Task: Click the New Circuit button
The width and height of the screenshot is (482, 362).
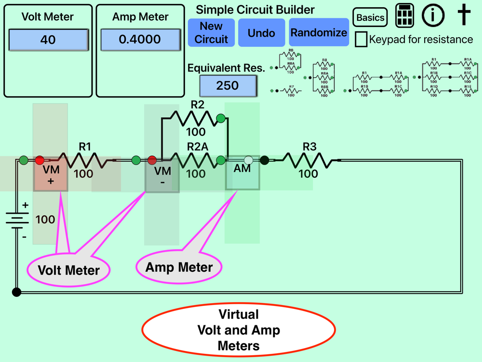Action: [x=211, y=33]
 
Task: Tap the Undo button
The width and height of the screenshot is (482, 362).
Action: [x=261, y=33]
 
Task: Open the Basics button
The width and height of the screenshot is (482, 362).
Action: [x=370, y=18]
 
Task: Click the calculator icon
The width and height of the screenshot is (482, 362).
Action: [x=405, y=16]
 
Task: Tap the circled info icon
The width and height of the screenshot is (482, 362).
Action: [x=433, y=15]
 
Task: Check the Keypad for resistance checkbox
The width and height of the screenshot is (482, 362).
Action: [x=361, y=39]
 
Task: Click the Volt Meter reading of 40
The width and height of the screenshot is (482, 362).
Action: [x=48, y=40]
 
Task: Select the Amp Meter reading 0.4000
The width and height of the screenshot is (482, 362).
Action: [x=140, y=40]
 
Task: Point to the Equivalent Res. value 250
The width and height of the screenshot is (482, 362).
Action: [x=228, y=86]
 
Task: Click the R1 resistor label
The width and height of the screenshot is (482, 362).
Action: [x=85, y=146]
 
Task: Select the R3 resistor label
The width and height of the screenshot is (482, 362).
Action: [x=309, y=146]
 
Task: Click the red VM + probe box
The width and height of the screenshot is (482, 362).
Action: [x=51, y=175]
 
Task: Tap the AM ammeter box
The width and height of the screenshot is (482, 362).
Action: [x=242, y=173]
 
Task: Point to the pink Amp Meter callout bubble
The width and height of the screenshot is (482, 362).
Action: [x=179, y=267]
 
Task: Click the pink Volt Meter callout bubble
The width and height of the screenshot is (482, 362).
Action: [x=68, y=270]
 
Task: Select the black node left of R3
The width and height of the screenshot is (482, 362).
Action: [x=264, y=160]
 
